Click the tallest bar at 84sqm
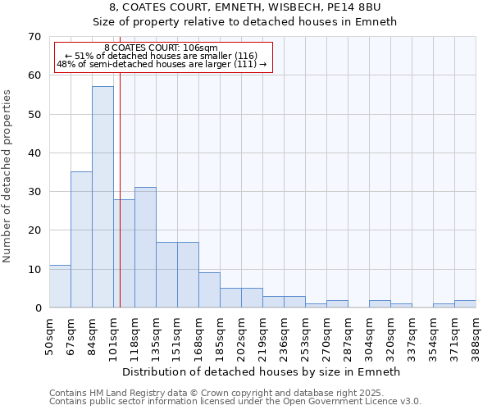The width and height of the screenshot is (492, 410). pyautogui.click(x=102, y=197)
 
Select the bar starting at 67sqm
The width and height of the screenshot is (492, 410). pyautogui.click(x=81, y=239)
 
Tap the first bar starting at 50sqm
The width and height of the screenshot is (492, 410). pyautogui.click(x=60, y=286)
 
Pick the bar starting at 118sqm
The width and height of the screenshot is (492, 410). pyautogui.click(x=145, y=247)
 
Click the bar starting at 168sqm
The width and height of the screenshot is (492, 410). pyautogui.click(x=209, y=289)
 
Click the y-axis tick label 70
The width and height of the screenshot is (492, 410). pyautogui.click(x=34, y=37)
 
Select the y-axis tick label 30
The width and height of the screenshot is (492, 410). pyautogui.click(x=34, y=192)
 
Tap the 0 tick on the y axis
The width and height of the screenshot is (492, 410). pyautogui.click(x=37, y=308)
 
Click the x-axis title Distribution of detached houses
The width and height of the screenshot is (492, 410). pyautogui.click(x=262, y=371)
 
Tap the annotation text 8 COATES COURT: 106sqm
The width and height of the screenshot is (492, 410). pyautogui.click(x=162, y=48)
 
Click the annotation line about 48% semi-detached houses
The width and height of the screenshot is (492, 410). pyautogui.click(x=162, y=65)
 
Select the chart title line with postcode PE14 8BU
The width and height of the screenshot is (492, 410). pyautogui.click(x=245, y=7)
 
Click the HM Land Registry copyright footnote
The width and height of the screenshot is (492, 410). pyautogui.click(x=235, y=393)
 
